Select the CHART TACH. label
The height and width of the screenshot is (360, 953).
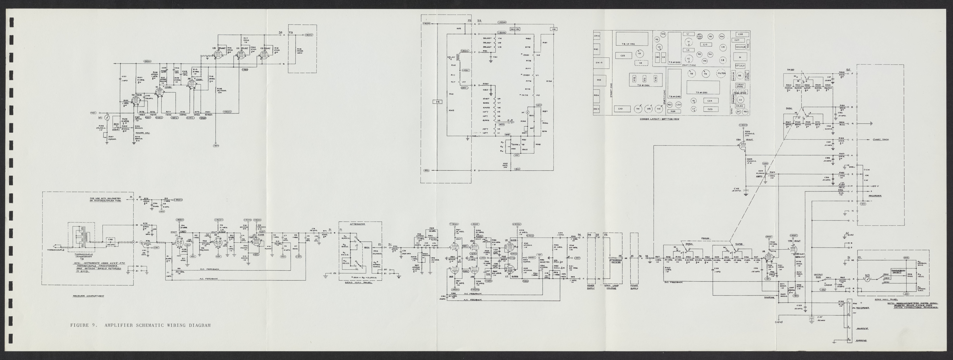pyautogui.click(x=881, y=139)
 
